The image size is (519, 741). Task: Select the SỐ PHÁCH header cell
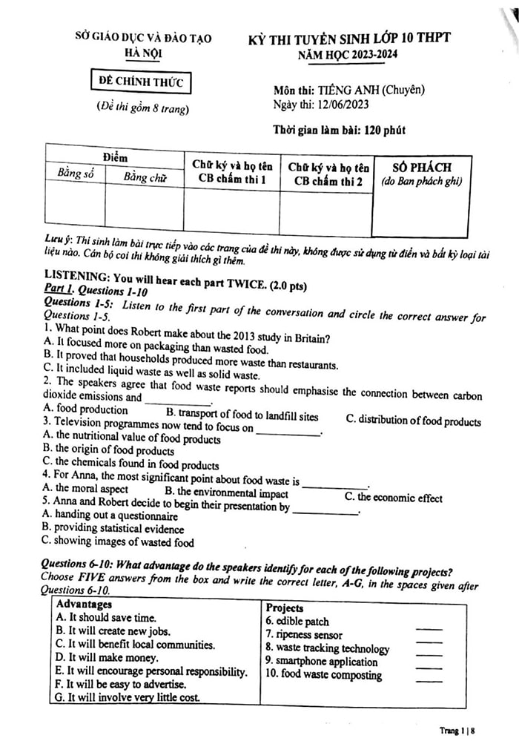tap(420, 168)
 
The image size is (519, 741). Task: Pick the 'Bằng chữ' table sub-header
tap(145, 177)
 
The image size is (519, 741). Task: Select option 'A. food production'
tap(85, 409)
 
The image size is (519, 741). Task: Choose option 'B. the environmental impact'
tap(226, 493)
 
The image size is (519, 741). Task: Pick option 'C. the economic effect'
tap(394, 498)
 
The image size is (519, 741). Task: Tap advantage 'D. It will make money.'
tap(107, 657)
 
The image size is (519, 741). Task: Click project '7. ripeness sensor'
tap(304, 635)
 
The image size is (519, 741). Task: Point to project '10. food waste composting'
tap(323, 676)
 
